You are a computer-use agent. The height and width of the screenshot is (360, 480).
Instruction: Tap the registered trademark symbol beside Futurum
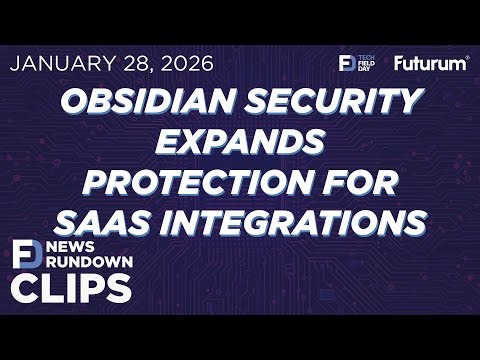[466, 58]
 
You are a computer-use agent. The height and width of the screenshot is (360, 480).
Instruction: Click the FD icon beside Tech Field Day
[347, 63]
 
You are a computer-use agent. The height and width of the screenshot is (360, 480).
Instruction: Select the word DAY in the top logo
[366, 69]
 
